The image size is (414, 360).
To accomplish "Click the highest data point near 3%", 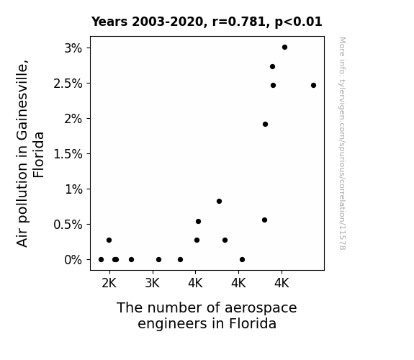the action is pyautogui.click(x=284, y=48).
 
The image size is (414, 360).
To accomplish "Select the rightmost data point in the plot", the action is pyautogui.click(x=313, y=85).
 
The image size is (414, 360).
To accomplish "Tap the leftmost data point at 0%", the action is pyautogui.click(x=101, y=260).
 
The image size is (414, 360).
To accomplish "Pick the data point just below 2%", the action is pyautogui.click(x=266, y=124).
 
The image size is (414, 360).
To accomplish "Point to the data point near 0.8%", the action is pyautogui.click(x=219, y=202).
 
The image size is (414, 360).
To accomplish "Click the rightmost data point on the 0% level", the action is pyautogui.click(x=243, y=260).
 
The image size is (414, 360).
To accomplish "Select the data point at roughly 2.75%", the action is pyautogui.click(x=272, y=66).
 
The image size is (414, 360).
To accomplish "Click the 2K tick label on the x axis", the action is pyautogui.click(x=109, y=284).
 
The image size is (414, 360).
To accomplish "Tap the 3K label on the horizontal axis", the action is pyautogui.click(x=153, y=284).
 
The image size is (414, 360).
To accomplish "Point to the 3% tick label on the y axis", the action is pyautogui.click(x=73, y=48).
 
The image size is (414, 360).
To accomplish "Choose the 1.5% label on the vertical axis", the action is pyautogui.click(x=68, y=154).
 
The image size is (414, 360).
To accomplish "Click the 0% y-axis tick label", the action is pyautogui.click(x=73, y=260).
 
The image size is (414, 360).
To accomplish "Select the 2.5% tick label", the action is pyautogui.click(x=68, y=84).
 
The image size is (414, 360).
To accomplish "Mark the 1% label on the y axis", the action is pyautogui.click(x=73, y=189).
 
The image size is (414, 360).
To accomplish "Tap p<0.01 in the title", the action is pyautogui.click(x=298, y=22).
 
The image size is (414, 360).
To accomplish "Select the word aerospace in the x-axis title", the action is pyautogui.click(x=261, y=308).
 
